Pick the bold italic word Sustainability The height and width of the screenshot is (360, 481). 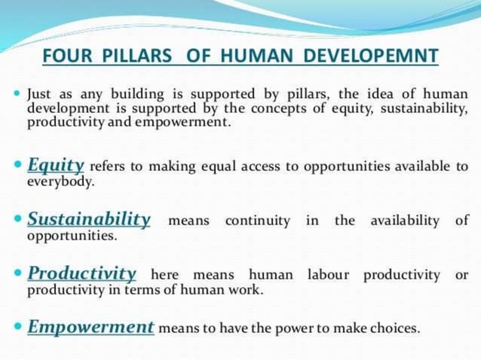point(89,219)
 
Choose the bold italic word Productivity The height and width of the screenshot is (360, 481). point(82,273)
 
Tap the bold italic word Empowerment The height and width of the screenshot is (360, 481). point(91,327)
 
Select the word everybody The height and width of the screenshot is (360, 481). point(60,182)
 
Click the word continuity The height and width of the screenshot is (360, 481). point(257,221)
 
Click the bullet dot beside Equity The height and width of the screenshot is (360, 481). point(18,165)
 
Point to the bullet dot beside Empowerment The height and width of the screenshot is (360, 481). point(18,328)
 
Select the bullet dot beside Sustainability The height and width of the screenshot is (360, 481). point(18,220)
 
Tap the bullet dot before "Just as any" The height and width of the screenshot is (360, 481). point(18,95)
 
